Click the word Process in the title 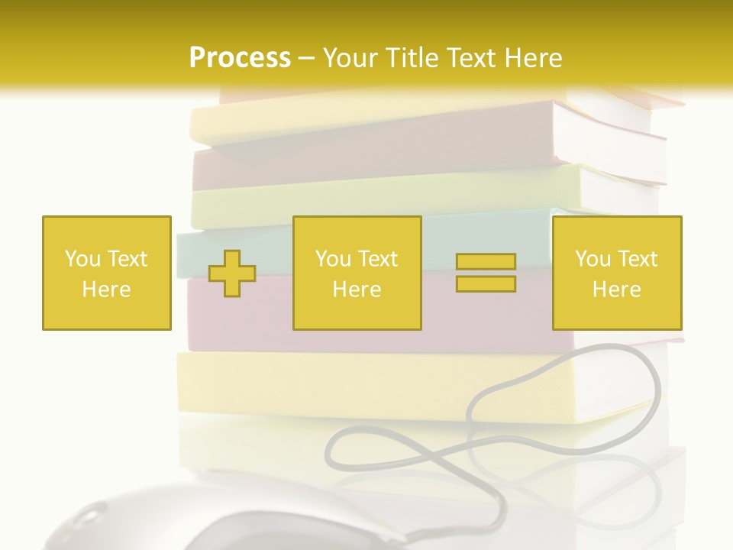240,58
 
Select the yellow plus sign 232,273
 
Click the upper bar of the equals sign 486,262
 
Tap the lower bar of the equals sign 486,284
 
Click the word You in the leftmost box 82,259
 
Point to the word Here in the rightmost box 616,290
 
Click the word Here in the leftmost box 106,290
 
